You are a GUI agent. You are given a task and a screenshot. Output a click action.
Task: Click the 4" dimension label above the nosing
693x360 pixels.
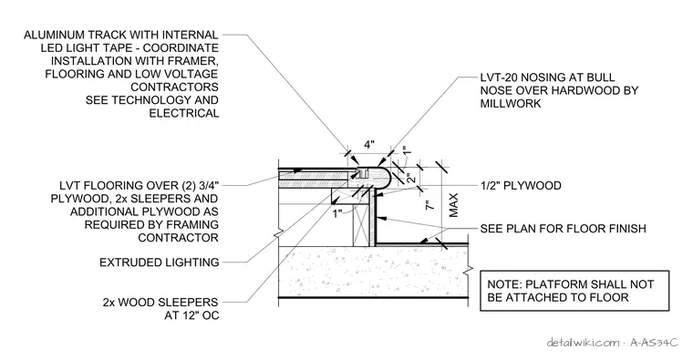[369, 145]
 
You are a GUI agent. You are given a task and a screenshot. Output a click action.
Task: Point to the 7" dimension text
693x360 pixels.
[429, 204]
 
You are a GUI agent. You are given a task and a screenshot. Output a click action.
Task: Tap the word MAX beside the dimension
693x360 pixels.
[453, 205]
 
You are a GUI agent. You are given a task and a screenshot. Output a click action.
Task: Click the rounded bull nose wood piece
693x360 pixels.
[380, 179]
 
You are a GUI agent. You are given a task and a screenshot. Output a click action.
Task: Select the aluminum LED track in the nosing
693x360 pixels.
[362, 173]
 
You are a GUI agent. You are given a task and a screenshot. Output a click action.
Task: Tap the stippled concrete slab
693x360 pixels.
[374, 272]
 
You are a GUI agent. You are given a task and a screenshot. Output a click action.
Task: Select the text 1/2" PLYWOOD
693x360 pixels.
[521, 186]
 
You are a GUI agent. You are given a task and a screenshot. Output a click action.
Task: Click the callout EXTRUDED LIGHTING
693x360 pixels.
[159, 262]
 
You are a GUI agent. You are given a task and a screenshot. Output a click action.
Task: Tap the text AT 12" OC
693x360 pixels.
[191, 316]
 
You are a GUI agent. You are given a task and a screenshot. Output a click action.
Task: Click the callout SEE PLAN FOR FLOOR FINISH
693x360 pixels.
[564, 229]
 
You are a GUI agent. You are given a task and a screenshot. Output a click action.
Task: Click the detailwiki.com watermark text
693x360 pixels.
[583, 343]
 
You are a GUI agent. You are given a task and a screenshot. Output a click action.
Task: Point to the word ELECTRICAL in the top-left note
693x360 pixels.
[184, 114]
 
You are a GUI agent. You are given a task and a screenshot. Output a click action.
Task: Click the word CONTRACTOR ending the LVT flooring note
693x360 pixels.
[178, 238]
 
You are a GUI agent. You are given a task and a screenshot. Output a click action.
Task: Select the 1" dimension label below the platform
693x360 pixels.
[337, 214]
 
